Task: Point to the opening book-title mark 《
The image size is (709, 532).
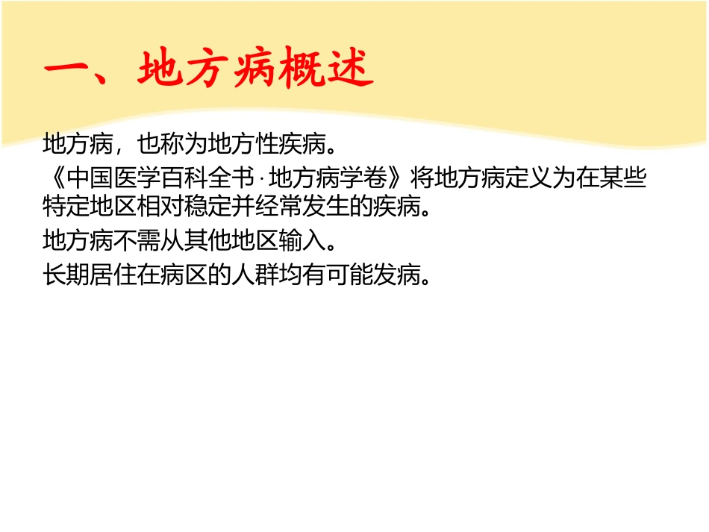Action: (x=54, y=180)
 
